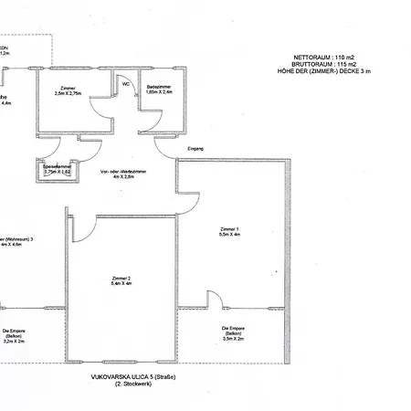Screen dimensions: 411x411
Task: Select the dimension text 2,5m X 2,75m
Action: pos(68,92)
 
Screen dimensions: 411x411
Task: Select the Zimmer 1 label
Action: pos(229,228)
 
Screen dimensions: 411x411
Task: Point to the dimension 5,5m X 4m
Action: pos(229,235)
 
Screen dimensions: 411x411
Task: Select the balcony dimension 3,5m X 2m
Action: pos(233,341)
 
